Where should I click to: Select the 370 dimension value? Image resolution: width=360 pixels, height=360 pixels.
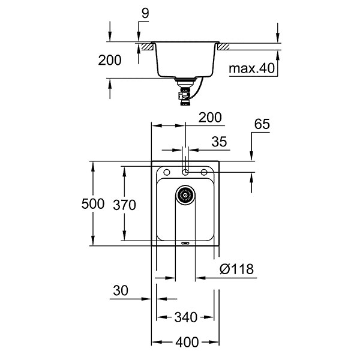click(125, 204)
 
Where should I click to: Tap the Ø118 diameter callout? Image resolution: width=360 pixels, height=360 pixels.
click(235, 269)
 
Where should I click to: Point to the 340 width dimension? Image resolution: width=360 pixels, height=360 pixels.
click(187, 316)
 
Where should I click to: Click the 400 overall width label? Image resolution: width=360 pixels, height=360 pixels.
click(187, 343)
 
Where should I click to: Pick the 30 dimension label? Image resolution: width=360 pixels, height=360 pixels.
click(120, 290)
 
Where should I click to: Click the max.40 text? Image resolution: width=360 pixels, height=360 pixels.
click(252, 68)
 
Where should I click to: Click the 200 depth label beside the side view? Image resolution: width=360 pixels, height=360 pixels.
click(110, 60)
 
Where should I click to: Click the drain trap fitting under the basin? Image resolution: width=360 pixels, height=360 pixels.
click(182, 92)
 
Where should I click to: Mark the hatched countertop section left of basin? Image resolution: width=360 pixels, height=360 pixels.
click(146, 46)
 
